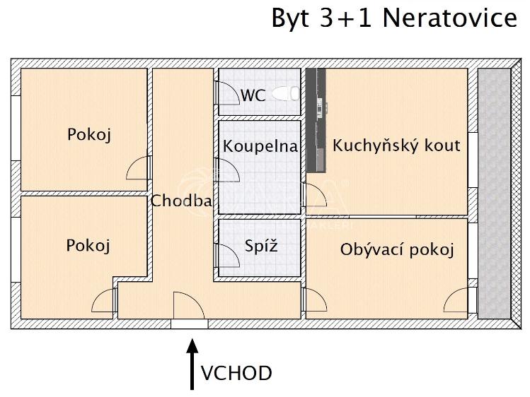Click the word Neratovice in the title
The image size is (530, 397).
tap(449, 18)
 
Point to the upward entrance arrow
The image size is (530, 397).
tap(191, 364)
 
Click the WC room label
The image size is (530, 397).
tap(253, 95)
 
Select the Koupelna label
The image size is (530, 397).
tap(260, 146)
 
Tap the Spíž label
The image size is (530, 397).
tap(261, 247)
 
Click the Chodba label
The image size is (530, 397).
tap(181, 201)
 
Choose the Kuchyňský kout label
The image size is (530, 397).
tap(396, 146)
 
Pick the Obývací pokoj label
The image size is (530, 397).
tap(396, 249)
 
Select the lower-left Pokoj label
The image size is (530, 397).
tap(88, 245)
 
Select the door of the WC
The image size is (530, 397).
tap(226, 94)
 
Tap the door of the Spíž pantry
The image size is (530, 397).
tap(226, 251)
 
